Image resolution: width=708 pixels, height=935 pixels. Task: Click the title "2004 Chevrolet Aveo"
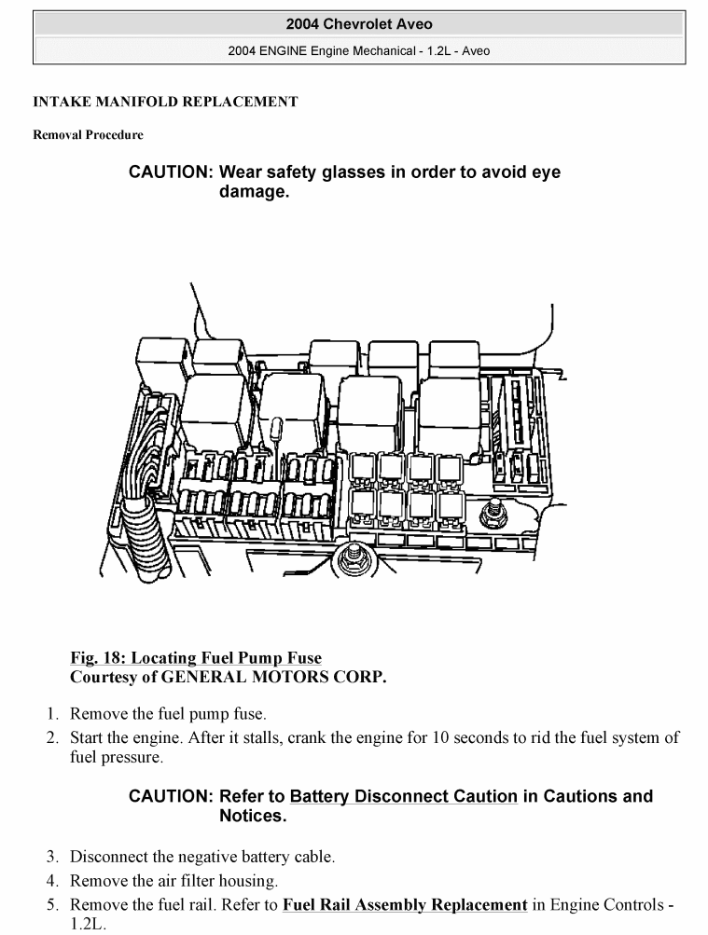coord(359,24)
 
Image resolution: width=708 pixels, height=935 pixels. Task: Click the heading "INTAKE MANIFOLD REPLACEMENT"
coord(165,102)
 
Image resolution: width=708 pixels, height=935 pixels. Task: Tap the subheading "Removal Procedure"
coord(88,135)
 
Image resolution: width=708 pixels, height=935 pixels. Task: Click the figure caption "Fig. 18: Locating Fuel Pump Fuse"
coord(196,658)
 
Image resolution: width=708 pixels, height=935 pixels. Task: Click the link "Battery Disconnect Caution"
coord(403,797)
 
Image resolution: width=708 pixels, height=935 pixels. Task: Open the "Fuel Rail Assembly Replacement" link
coord(404,904)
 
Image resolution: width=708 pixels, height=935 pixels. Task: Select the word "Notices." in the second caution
coord(252,817)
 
